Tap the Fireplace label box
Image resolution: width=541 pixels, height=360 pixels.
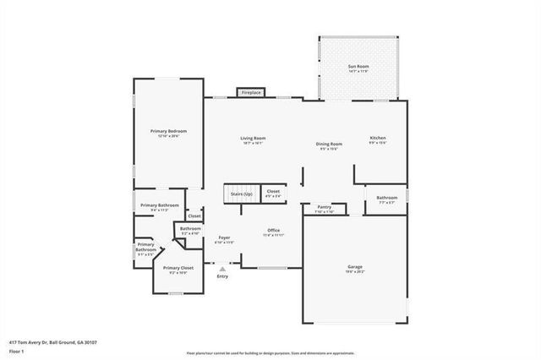[251, 91]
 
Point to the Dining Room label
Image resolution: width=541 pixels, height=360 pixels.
[329, 145]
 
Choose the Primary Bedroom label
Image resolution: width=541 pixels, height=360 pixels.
[168, 132]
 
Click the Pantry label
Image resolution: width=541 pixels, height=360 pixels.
[325, 207]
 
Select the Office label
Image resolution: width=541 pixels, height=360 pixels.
[273, 231]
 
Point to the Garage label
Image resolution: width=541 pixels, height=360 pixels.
[355, 267]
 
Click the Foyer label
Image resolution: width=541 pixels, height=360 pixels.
[224, 238]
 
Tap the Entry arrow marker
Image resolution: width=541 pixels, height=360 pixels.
[222, 268]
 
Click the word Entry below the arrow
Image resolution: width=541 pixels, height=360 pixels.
[222, 276]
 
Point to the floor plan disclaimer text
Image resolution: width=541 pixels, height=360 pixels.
[270, 352]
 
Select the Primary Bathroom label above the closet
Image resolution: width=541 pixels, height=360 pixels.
[159, 205]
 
